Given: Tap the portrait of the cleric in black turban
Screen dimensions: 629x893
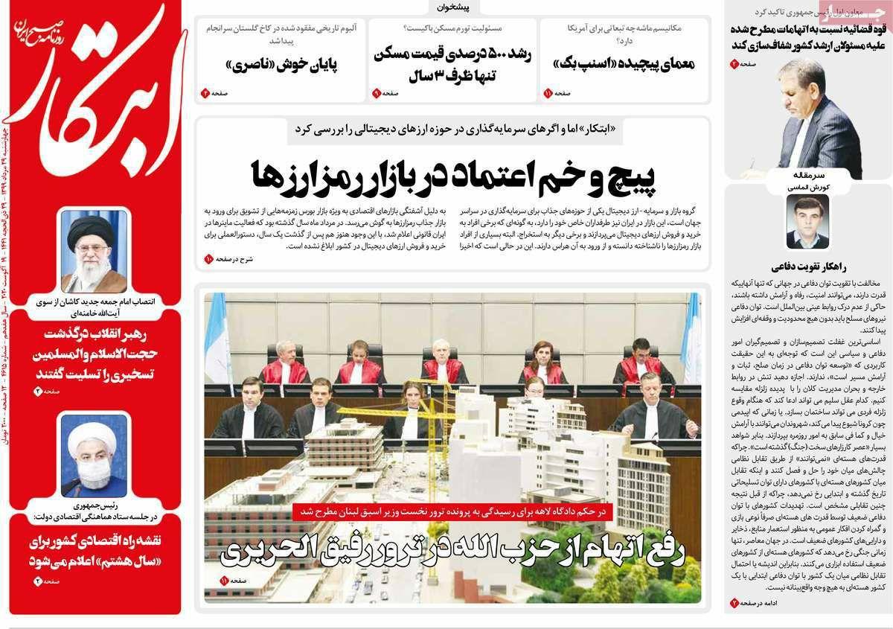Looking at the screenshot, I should [94, 252].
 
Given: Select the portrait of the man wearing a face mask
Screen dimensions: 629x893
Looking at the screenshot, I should [94, 457].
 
